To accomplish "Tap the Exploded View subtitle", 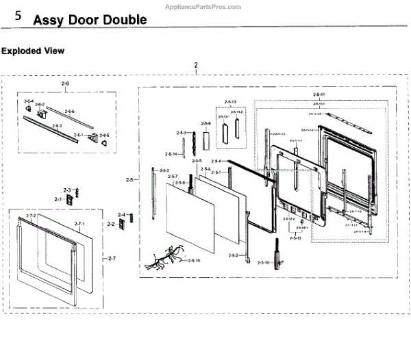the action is click(x=33, y=51).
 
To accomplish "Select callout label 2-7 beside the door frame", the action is click(x=112, y=258).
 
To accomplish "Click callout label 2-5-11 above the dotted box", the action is click(x=319, y=93).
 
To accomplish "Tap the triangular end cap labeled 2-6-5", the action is click(x=105, y=142).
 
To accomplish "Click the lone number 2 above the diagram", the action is click(x=196, y=66).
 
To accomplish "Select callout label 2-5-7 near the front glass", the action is click(x=172, y=177).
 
